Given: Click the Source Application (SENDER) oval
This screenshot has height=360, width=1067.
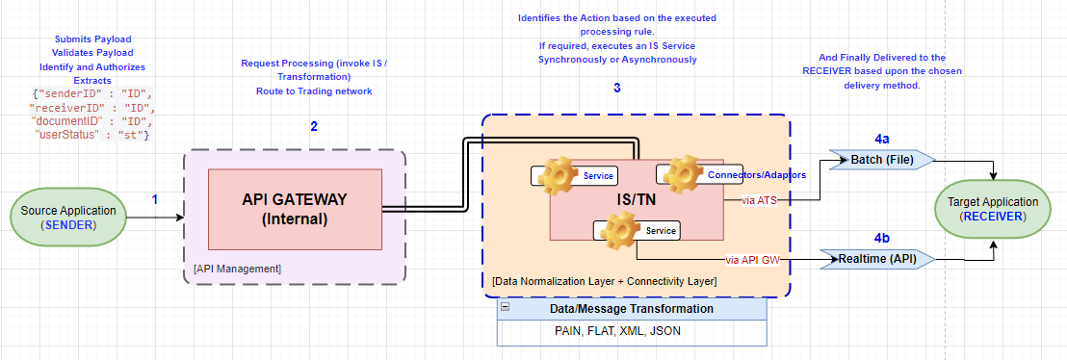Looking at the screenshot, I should coord(66,217).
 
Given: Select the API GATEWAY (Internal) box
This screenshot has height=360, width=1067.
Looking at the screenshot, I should coord(295,209).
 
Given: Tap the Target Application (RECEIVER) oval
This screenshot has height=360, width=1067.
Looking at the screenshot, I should coord(993,209).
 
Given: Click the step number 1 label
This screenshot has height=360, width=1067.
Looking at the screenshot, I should coord(156,199).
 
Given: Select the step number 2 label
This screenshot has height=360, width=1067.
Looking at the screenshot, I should coord(313,126).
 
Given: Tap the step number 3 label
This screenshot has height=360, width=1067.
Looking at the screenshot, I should coord(617,89).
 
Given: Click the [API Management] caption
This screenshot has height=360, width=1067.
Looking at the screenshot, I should coord(238,268).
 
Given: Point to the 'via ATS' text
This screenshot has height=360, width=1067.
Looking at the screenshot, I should coord(760,200).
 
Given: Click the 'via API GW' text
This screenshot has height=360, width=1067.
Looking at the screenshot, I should coord(752,259).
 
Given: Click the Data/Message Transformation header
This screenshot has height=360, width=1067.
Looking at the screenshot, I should coord(632,309).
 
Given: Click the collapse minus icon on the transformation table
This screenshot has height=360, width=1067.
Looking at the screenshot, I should coord(505,309).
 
